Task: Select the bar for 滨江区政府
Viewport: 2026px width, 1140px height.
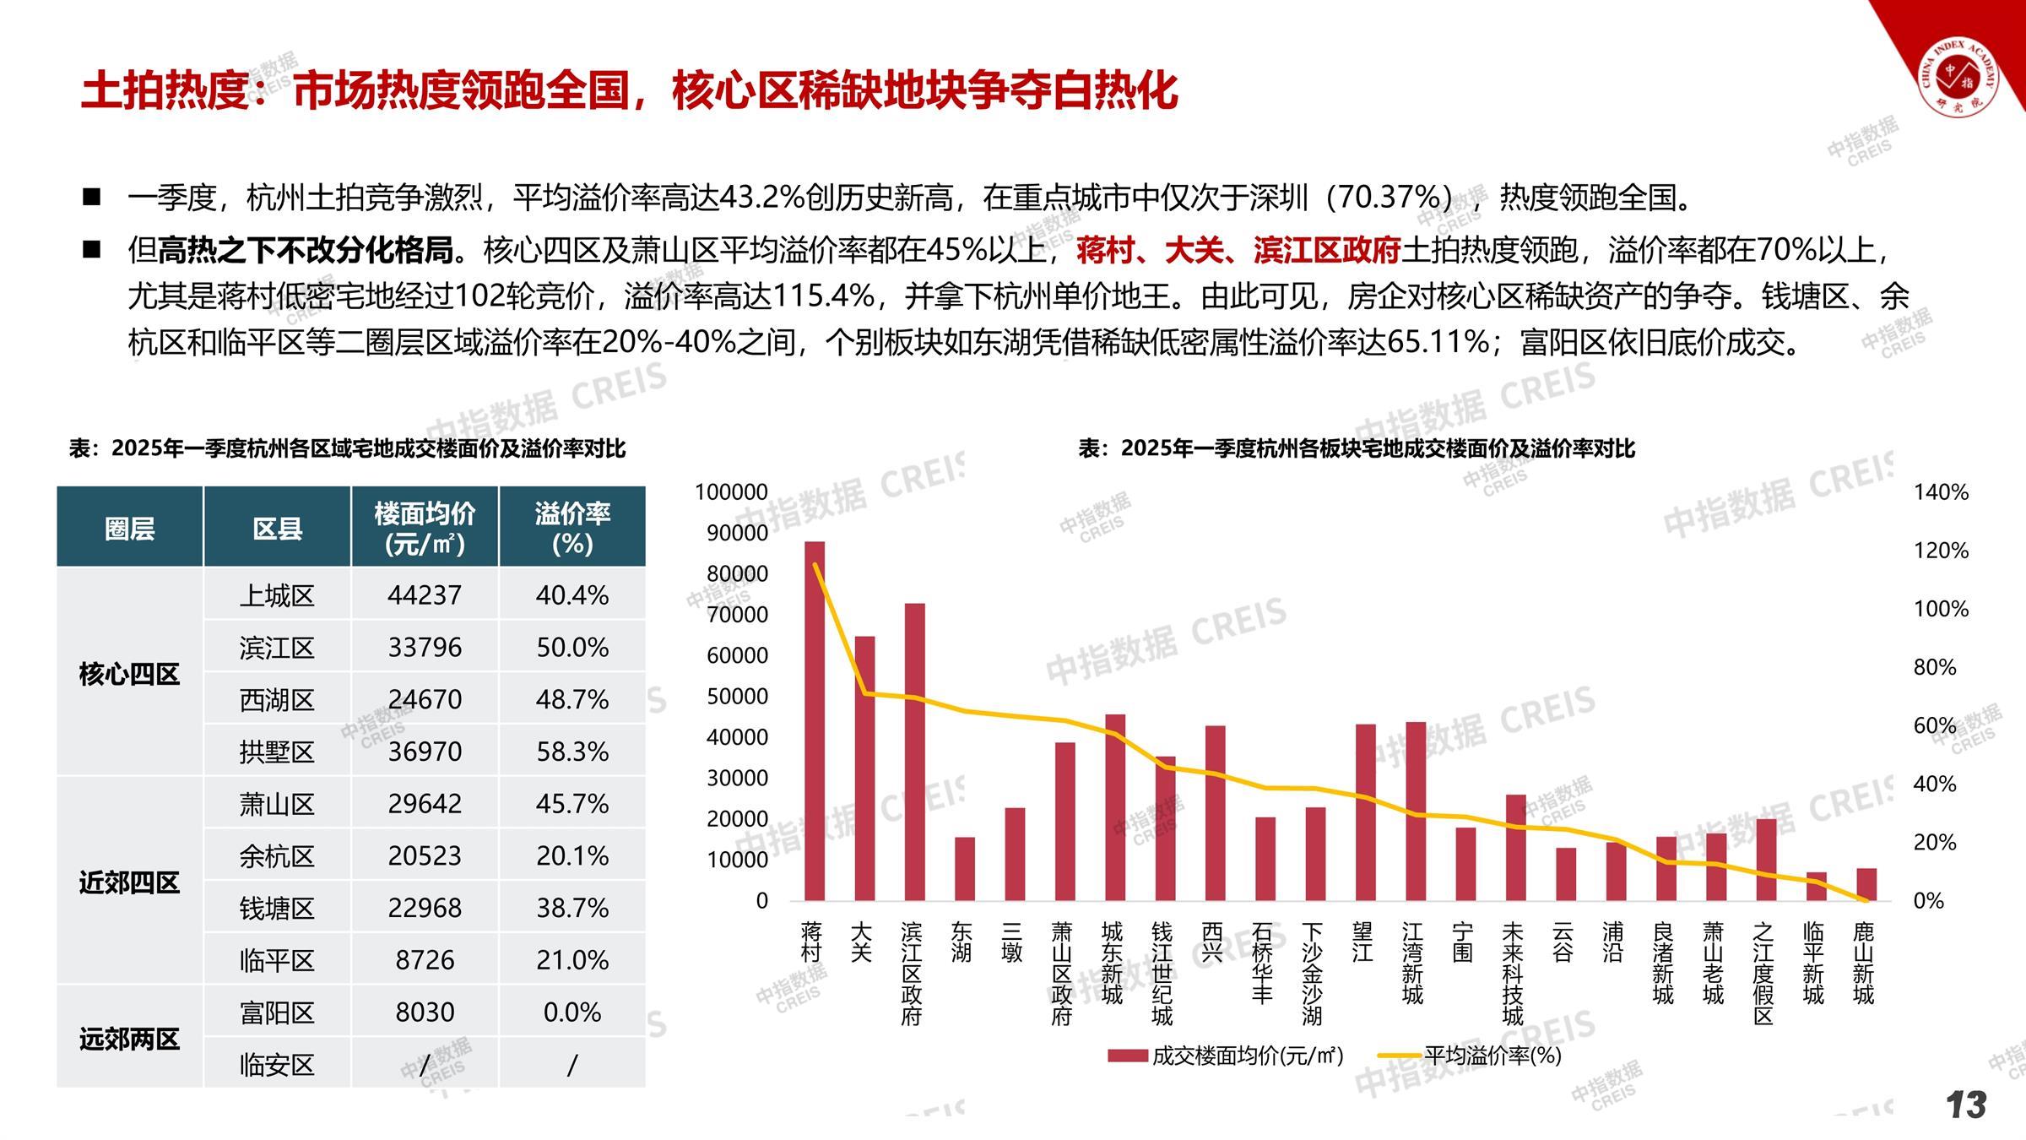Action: coord(915,752)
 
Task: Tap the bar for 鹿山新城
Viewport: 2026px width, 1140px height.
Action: coord(1866,884)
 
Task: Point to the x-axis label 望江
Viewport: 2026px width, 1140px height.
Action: coord(1362,942)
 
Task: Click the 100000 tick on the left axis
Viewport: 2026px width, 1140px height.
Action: coord(731,492)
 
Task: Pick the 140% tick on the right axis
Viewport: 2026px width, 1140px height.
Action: coord(1941,492)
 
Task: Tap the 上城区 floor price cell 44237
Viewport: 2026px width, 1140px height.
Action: coord(425,595)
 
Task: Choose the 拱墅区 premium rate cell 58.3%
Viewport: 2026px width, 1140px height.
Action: coord(572,752)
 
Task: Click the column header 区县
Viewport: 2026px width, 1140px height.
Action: coord(277,529)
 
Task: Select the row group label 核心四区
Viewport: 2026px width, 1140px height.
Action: coord(129,674)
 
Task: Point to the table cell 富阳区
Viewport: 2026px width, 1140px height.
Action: coord(277,1012)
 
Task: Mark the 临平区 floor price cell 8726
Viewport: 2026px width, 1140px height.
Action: coord(425,960)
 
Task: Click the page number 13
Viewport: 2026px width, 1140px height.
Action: coord(1966,1105)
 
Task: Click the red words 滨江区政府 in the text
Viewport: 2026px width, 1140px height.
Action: coord(1326,250)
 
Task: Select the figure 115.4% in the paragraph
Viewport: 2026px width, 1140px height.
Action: coord(823,296)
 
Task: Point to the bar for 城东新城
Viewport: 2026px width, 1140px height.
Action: coord(1115,807)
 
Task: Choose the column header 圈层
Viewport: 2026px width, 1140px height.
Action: coord(129,529)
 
